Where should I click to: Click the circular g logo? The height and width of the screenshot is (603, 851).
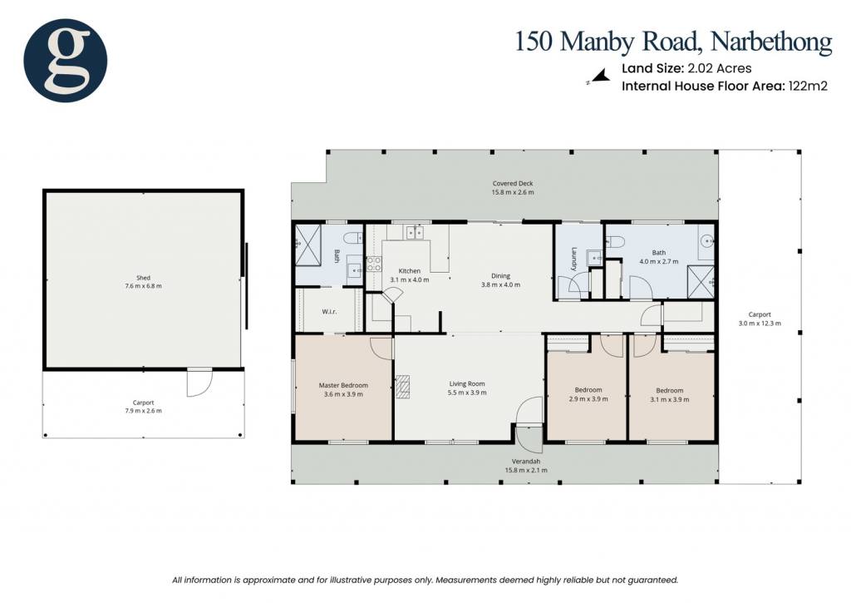65,60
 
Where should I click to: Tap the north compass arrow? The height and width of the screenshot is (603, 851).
599,76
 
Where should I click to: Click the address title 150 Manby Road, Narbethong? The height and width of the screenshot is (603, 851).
673,42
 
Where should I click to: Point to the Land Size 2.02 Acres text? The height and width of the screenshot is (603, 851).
686,68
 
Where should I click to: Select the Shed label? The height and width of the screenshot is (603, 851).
143,278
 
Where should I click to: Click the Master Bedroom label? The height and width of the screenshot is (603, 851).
343,386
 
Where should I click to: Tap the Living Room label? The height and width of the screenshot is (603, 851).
467,383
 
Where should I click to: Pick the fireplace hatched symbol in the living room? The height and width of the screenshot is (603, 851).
403,387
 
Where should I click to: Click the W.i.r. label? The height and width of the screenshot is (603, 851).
329,312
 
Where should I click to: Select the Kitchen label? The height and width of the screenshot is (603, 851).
409,270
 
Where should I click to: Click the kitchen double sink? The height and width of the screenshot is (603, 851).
415,233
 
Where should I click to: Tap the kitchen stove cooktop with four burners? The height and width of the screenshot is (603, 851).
374,264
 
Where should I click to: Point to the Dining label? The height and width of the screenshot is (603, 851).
500,275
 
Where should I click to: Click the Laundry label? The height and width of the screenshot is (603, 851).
573,259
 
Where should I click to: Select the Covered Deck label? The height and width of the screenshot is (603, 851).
513,184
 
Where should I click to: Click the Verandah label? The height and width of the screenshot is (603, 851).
526,462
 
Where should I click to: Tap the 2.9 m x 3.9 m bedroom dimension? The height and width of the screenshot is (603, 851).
588,398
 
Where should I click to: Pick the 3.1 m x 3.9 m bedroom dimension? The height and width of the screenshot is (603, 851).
669,399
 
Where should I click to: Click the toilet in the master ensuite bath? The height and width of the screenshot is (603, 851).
352,237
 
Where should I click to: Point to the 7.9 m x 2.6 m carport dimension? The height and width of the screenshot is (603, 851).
143,411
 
